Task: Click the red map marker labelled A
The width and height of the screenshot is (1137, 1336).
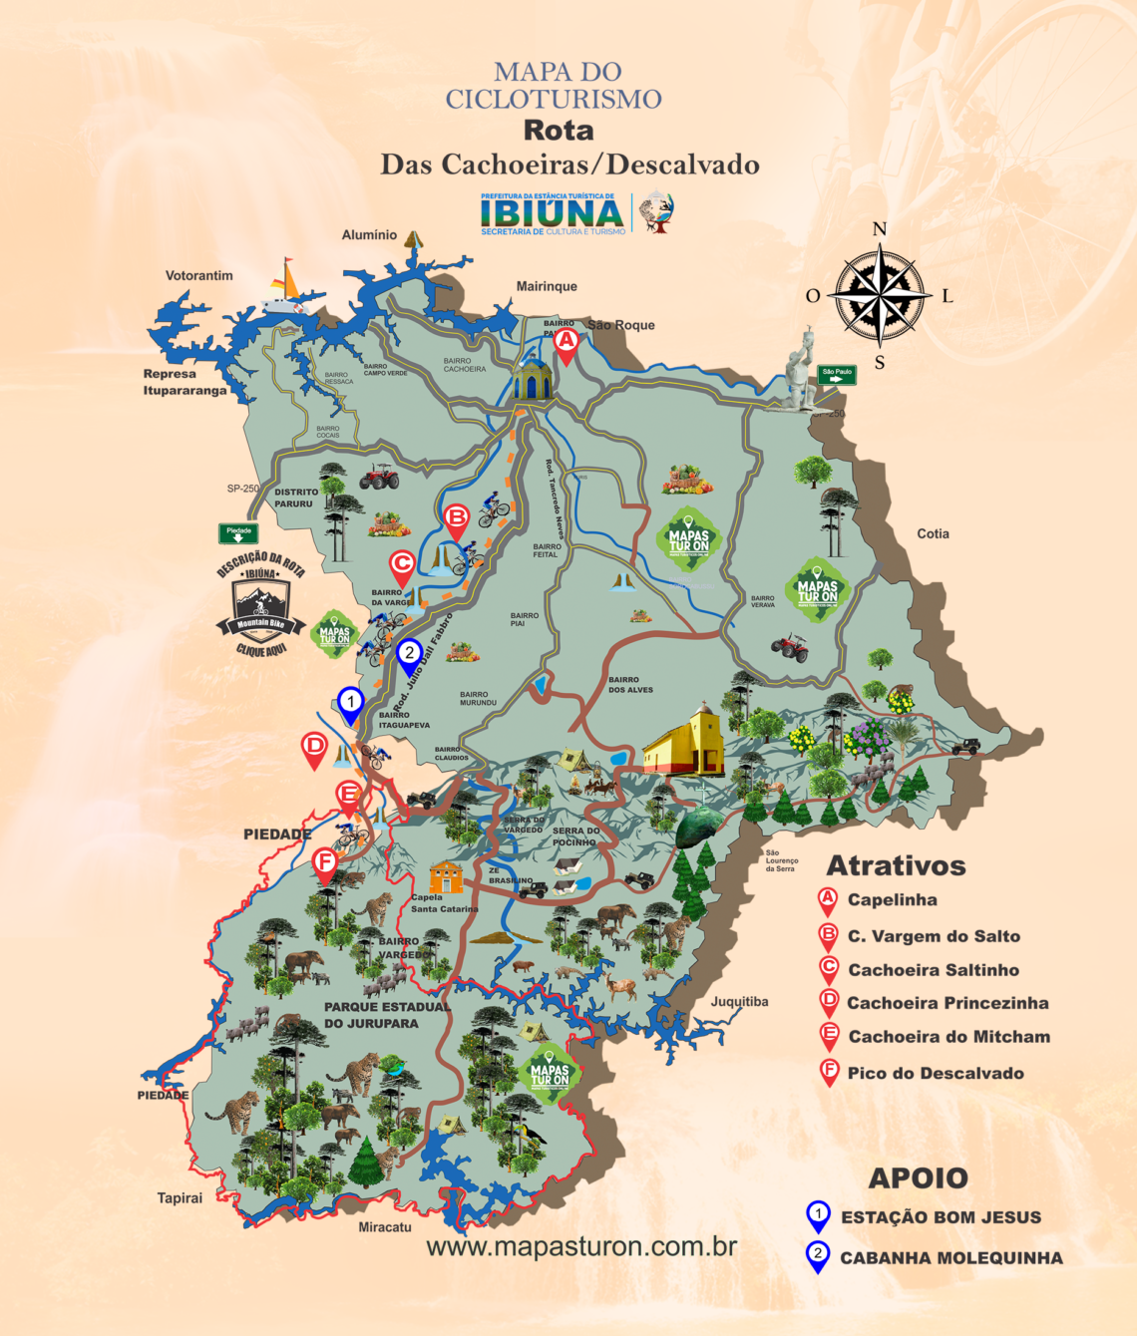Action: coord(566,342)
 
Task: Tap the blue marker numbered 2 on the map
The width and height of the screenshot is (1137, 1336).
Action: coord(408,655)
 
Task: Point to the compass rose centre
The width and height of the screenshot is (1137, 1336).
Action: coord(879,295)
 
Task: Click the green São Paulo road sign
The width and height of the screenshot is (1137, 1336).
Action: coord(837,375)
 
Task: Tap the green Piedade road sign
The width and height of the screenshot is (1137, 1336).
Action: coord(238,533)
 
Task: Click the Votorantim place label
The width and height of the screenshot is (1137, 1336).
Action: coord(199,275)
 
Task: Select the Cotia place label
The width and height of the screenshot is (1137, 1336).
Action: coord(933,533)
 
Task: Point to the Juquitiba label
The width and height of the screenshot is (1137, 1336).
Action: coord(739,1001)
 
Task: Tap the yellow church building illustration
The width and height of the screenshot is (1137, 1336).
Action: coord(686,742)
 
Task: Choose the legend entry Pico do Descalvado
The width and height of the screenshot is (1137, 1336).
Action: coord(935,1073)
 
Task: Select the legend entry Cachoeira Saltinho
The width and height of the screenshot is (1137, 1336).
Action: coord(933,969)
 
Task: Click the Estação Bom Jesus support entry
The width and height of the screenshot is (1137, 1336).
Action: coord(940,1217)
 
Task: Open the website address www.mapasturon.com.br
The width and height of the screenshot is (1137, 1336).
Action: coord(581,1246)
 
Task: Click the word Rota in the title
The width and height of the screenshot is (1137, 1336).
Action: coord(559,131)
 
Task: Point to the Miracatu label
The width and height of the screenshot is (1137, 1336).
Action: coord(385,1227)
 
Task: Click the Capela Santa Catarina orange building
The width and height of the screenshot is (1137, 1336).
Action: coord(446,876)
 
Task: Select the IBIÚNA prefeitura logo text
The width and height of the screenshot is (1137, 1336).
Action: coord(552,213)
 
